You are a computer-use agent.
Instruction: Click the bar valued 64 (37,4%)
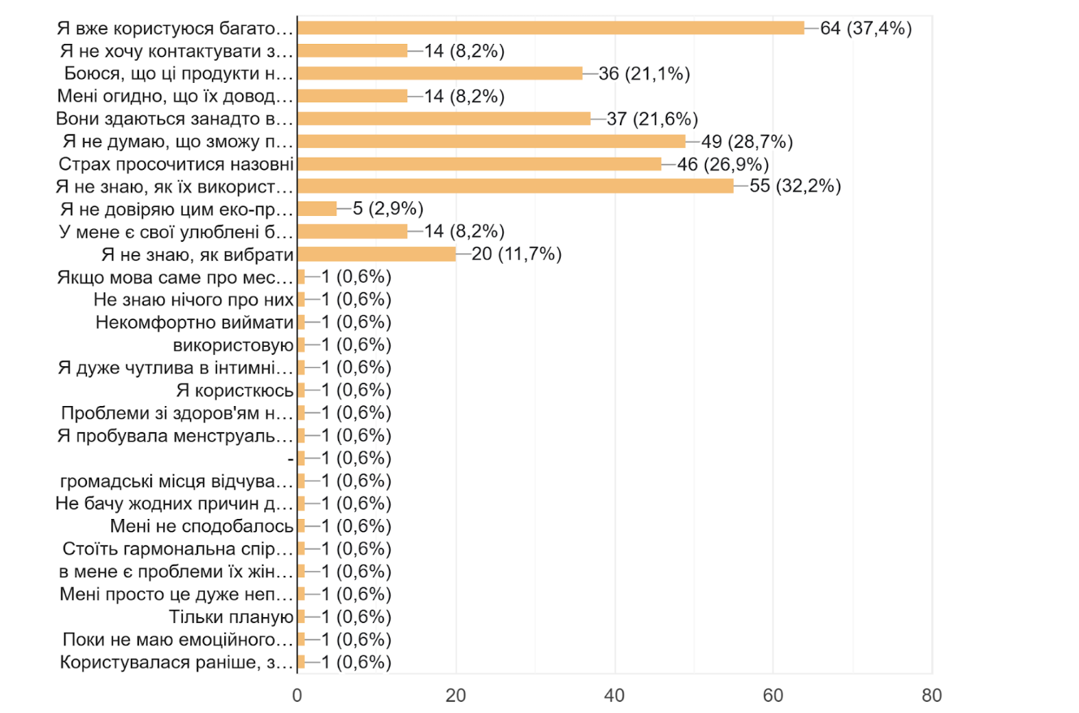coord(551,28)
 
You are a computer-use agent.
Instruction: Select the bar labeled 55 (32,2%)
coord(515,186)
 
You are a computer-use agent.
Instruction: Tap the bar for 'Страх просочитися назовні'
coord(479,163)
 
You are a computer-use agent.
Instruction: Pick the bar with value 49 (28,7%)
coord(492,141)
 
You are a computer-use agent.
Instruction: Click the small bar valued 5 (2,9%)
coord(317,209)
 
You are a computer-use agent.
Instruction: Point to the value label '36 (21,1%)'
coord(644,73)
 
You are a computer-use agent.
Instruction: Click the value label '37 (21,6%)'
coord(652,119)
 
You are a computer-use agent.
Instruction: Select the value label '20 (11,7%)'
coord(518,254)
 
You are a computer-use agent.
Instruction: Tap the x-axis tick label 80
coord(932,696)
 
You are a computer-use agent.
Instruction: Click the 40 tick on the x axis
coord(615,696)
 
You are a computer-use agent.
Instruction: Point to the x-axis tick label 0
coord(297,696)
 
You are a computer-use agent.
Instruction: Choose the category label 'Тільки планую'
coord(231,616)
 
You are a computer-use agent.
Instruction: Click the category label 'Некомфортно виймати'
coord(194,322)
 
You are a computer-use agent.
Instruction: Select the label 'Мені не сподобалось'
coord(201,525)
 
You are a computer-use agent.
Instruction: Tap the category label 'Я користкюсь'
coord(234,390)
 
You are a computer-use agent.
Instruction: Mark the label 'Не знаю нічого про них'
coord(193,300)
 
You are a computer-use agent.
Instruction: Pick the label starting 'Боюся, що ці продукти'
coord(178,73)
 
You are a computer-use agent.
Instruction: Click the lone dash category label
coord(290,458)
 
